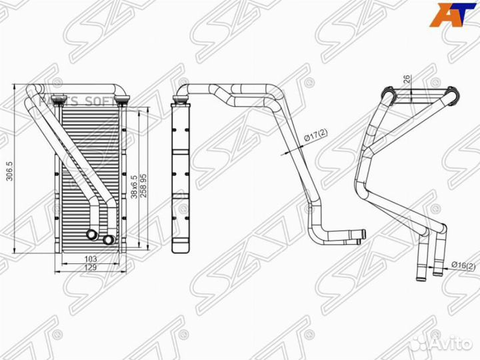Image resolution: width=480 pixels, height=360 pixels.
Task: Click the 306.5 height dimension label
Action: coord(9,171)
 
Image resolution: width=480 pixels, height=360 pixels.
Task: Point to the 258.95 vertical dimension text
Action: coord(143,185)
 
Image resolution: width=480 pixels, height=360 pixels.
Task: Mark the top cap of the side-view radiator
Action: coord(180,101)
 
